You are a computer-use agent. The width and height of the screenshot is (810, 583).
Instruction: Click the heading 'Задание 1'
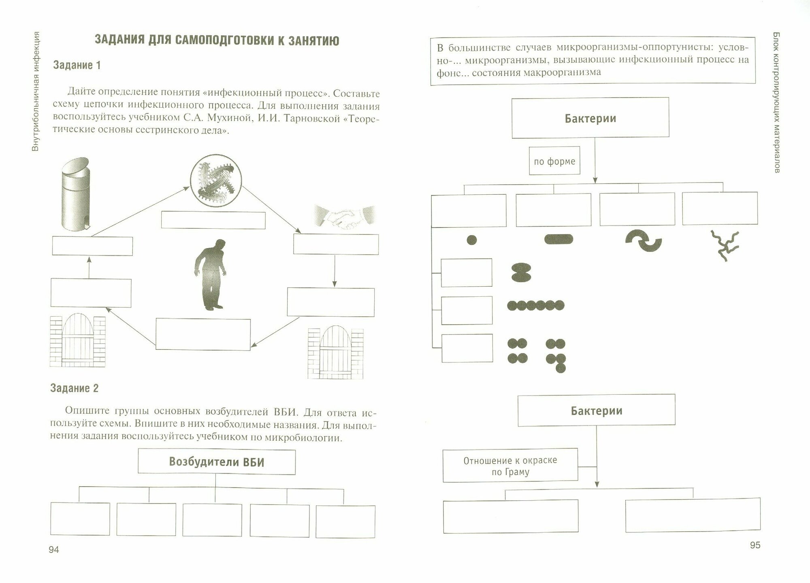tap(77, 65)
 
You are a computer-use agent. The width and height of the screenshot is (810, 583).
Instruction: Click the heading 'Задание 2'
tap(75, 388)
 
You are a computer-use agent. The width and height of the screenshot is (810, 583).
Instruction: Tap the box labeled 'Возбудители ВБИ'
tap(217, 462)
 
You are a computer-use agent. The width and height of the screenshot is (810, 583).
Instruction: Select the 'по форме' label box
tap(554, 161)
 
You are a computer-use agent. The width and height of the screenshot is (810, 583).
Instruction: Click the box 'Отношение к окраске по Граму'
tap(510, 466)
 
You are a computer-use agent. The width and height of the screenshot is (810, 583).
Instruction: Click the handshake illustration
tap(345, 218)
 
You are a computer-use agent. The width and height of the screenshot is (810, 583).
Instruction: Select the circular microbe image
tap(216, 179)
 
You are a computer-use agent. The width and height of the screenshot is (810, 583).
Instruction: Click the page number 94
tap(54, 549)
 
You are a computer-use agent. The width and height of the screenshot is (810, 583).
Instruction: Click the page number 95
tap(755, 545)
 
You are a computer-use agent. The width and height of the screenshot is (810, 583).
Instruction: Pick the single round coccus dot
tap(472, 240)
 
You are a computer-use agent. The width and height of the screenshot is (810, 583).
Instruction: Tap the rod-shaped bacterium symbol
tap(559, 239)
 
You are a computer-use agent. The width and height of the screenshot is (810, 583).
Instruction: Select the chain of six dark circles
tap(535, 305)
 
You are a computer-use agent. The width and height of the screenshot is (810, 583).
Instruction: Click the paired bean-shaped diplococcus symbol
tap(521, 272)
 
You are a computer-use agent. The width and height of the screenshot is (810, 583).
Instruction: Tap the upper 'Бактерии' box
tap(590, 118)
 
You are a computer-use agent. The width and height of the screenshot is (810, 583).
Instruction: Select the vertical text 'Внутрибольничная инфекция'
tap(36, 91)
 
